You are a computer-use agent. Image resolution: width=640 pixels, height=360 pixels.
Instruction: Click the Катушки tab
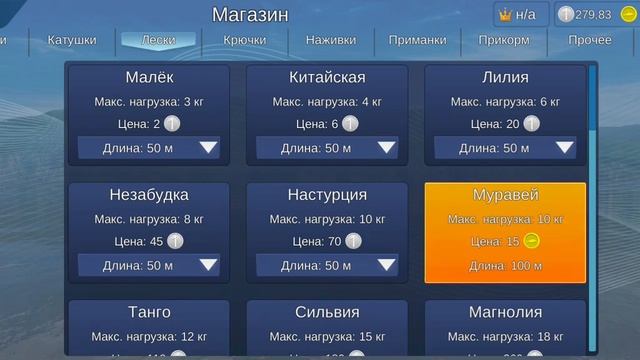[x=72, y=41]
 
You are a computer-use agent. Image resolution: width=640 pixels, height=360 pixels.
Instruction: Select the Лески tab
[x=159, y=41]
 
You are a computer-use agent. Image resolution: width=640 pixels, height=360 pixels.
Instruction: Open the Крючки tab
[x=244, y=41]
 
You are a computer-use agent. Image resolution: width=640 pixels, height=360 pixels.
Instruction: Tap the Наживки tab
[x=331, y=41]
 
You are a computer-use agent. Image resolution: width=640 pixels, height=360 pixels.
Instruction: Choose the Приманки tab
[x=417, y=41]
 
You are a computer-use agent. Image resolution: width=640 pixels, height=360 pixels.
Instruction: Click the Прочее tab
[x=589, y=41]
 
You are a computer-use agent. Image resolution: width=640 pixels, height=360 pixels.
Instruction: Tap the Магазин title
[x=250, y=14]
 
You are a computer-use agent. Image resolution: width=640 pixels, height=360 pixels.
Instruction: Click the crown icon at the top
[x=504, y=14]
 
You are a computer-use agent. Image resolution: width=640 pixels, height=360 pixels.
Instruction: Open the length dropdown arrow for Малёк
[x=209, y=148]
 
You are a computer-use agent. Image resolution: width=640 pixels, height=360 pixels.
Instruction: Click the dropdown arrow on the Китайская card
[x=387, y=148]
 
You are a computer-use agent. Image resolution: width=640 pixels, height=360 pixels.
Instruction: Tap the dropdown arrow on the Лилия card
[x=565, y=148]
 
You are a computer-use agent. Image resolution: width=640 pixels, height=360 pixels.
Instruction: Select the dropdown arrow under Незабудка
[x=209, y=265]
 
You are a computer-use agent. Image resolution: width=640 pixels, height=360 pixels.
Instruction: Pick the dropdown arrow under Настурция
[x=387, y=265]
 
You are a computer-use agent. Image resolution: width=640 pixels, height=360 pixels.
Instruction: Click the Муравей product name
[x=505, y=195]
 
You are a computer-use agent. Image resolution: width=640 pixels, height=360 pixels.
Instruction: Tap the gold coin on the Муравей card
[x=531, y=241]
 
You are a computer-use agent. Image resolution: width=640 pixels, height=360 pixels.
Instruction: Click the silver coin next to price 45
[x=175, y=241]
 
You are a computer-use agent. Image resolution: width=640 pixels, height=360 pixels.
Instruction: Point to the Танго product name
[x=149, y=312]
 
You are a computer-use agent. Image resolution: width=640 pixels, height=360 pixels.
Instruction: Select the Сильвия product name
[x=327, y=312]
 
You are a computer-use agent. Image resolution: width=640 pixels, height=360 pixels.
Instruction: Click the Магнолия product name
[x=505, y=312]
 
